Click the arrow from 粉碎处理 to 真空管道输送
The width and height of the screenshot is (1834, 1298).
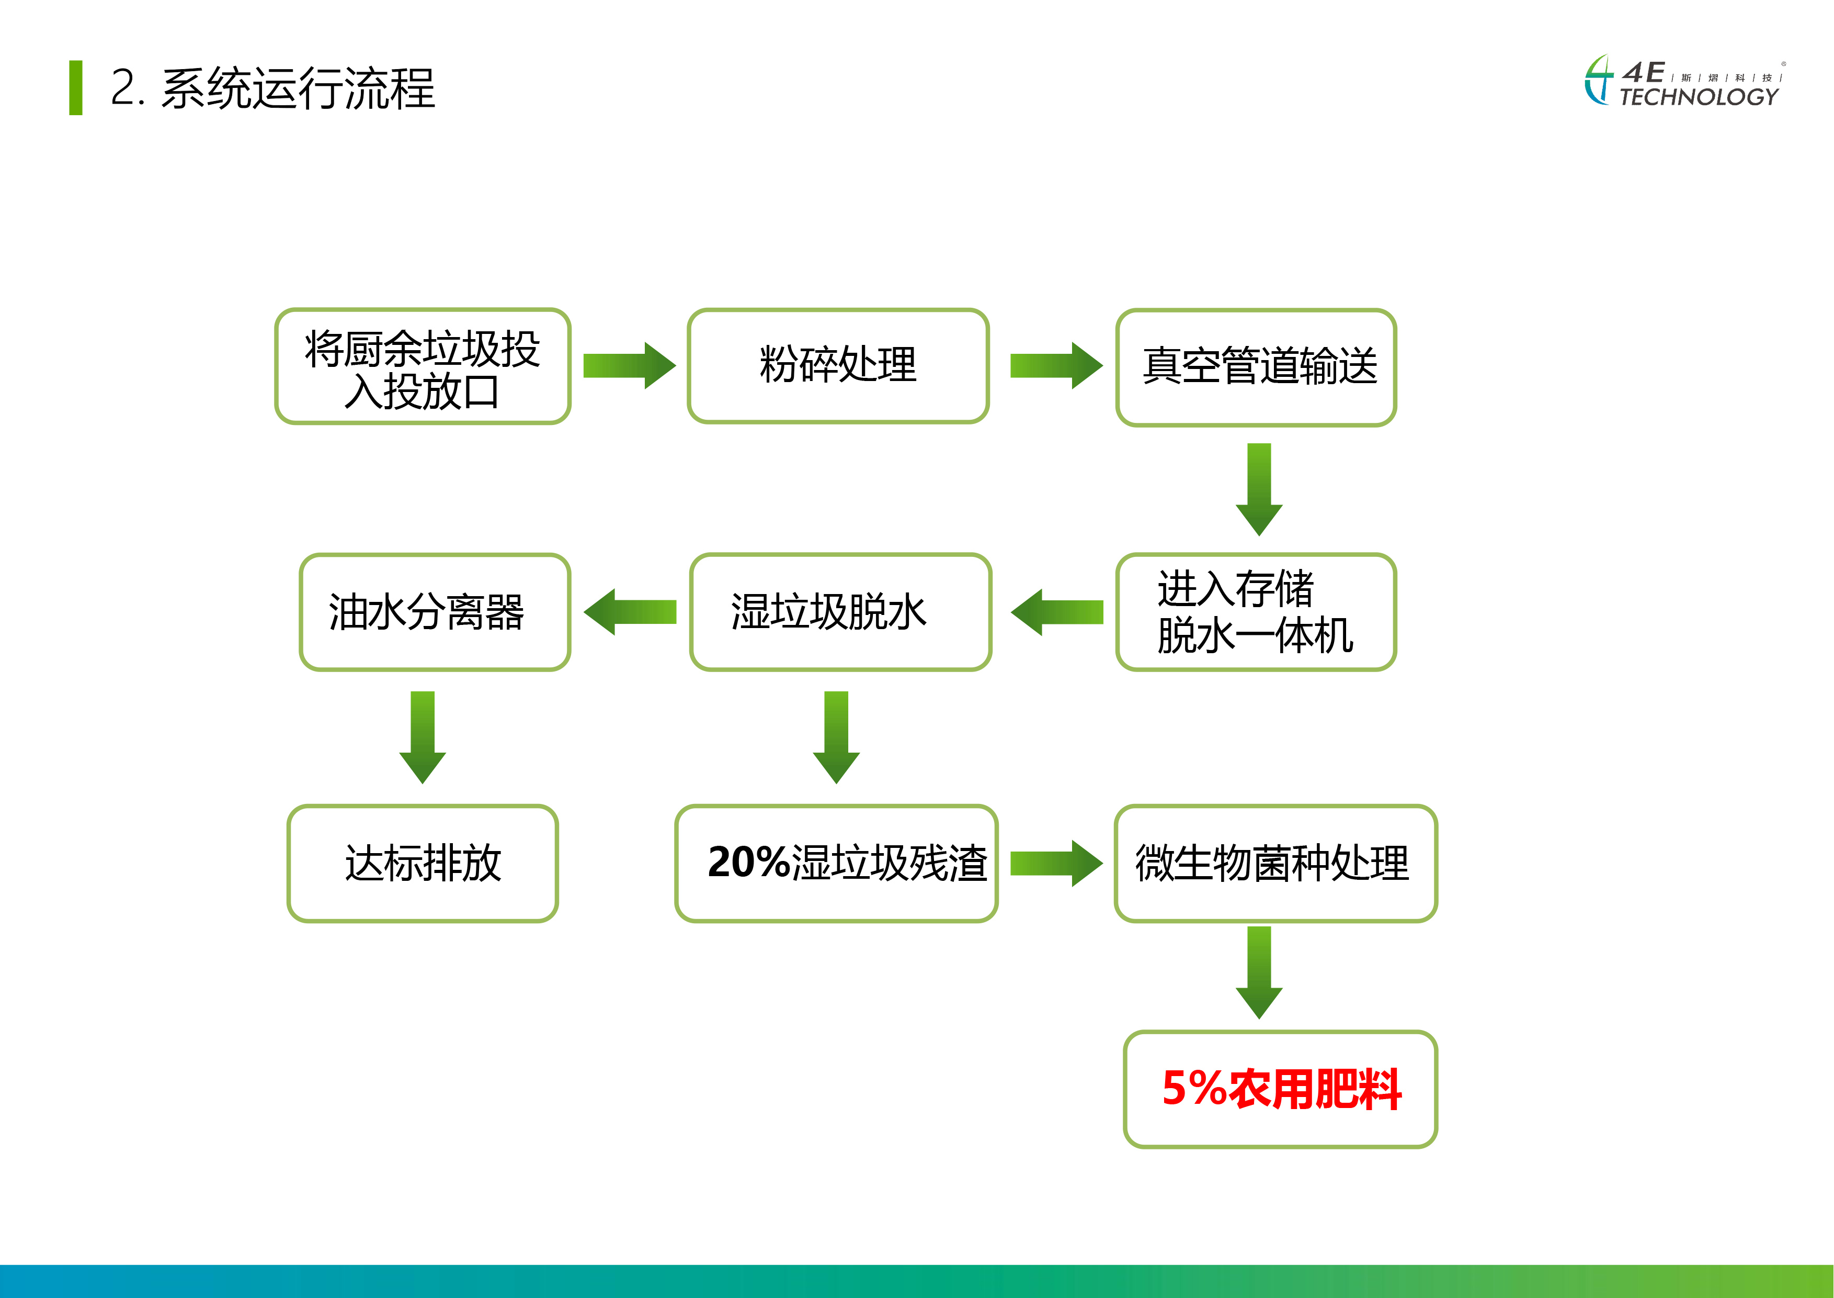coord(1056,365)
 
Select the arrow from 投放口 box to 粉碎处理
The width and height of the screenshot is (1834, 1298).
coord(630,365)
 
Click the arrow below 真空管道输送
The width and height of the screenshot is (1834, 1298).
coord(1259,489)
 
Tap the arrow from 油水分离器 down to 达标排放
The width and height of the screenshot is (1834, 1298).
coord(423,737)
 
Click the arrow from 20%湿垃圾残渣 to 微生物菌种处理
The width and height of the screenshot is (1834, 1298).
coord(1056,863)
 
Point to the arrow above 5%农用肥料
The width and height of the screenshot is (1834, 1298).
coord(1259,972)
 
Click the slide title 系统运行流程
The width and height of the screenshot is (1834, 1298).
coord(298,88)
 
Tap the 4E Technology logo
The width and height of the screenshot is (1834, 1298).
coord(1684,82)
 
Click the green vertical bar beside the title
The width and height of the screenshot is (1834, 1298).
coord(76,88)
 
